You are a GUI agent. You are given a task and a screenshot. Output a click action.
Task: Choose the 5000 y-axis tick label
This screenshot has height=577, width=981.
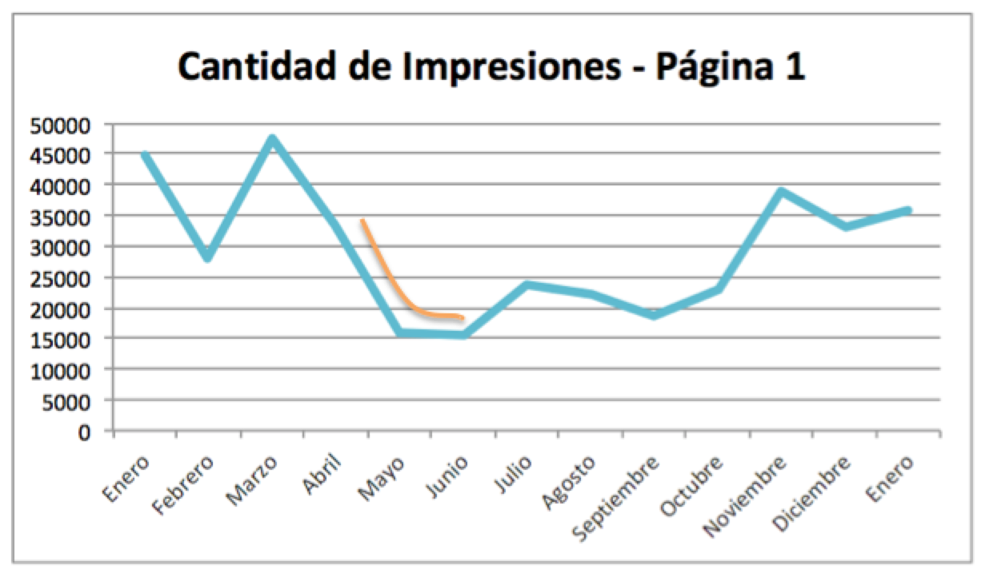pos(73,401)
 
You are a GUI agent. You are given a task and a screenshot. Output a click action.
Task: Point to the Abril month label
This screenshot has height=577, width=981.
pos(324,474)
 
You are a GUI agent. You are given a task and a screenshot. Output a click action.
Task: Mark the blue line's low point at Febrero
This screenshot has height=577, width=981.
pos(208,257)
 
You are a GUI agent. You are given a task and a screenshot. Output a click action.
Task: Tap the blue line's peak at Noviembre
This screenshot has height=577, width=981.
pos(782,192)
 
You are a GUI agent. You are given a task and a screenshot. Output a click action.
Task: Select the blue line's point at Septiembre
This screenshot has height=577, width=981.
pos(655,315)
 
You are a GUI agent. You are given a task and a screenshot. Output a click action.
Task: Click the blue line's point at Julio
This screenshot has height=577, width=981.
pos(527,285)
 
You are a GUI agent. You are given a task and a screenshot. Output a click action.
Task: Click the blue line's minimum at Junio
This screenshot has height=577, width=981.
pos(463,335)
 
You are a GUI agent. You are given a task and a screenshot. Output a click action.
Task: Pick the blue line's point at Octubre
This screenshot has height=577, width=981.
pos(719,289)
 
